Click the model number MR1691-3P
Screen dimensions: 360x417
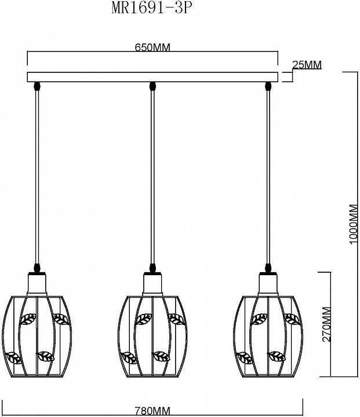151,8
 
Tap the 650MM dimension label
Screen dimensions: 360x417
152,47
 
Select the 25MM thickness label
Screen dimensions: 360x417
307,65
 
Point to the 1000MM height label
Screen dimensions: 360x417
353,224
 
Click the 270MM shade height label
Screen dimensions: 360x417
326,324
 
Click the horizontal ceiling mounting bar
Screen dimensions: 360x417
152,77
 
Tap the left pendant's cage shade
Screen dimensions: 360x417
37,336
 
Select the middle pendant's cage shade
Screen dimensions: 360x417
152,336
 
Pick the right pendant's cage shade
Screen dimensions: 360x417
268,336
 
